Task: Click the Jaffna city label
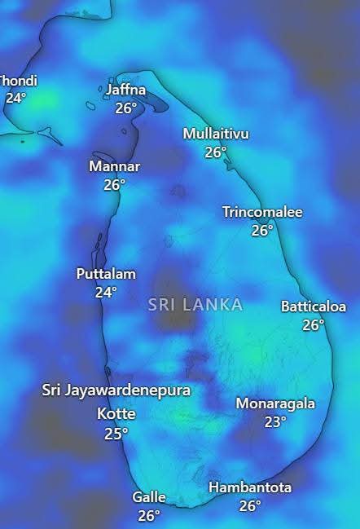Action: coord(125,90)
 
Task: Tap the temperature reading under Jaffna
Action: coord(125,108)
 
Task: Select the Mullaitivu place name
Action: coord(216,134)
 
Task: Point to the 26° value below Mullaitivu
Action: coord(216,152)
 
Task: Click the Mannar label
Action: coord(114,166)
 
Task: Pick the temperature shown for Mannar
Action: coord(114,184)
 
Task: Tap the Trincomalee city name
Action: coord(262,212)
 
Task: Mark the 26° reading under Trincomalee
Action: coord(262,230)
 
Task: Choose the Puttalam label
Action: coord(106,274)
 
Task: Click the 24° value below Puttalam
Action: coord(106,292)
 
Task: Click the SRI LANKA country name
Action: coord(195,305)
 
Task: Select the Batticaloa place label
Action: coord(314,306)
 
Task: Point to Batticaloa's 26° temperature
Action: coord(314,324)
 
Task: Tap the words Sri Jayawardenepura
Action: coord(116,390)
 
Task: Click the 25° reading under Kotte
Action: coord(116,433)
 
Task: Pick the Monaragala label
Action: coord(275,403)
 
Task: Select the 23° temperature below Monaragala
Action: coord(275,421)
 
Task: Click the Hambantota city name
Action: coord(250,487)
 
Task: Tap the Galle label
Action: coord(149,497)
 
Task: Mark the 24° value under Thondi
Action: coord(15,98)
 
